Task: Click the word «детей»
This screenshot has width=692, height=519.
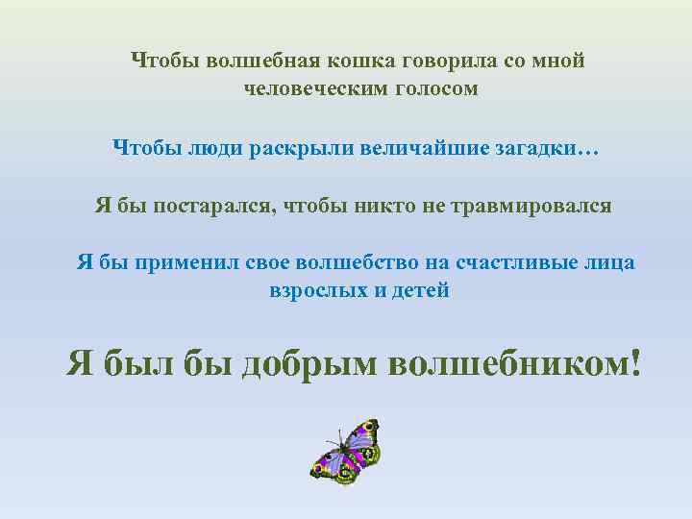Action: pos(419,290)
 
